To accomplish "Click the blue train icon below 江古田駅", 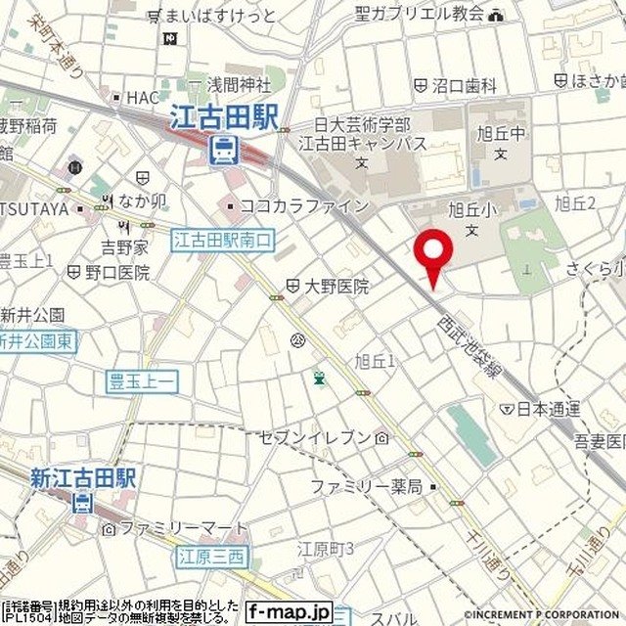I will [224, 150].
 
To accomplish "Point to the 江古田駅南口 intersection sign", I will [224, 240].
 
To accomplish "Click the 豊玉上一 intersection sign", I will [143, 381].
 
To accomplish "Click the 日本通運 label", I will [549, 408].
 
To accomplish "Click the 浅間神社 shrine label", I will [245, 84].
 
